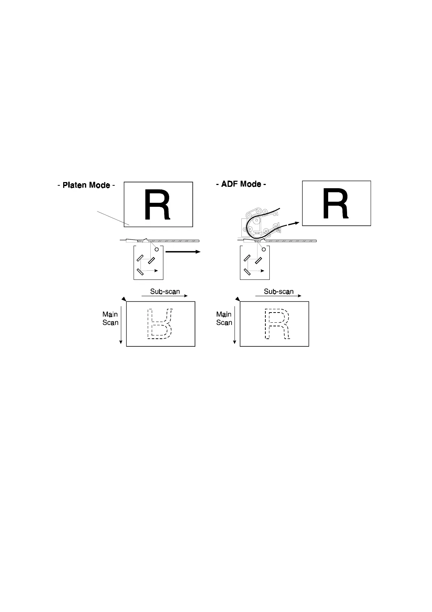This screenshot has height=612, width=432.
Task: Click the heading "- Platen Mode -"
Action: [x=86, y=185]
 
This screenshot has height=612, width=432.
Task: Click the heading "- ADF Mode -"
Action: [x=241, y=184]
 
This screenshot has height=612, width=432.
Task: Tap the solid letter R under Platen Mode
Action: [x=157, y=205]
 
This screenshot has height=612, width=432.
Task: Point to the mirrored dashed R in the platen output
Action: [x=159, y=324]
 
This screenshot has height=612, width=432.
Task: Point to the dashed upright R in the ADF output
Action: [x=277, y=324]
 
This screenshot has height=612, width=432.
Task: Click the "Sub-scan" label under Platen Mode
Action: [x=165, y=291]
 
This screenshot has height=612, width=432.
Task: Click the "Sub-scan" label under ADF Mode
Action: [x=278, y=291]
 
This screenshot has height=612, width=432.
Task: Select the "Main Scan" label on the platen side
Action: [x=110, y=318]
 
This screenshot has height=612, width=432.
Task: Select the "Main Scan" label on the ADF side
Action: [x=224, y=318]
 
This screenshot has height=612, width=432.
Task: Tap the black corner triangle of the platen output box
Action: [x=124, y=299]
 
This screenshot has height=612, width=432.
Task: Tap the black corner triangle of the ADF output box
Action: [x=237, y=299]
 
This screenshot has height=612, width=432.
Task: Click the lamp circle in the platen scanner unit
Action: [x=157, y=250]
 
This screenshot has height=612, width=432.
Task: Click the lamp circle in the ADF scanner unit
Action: [x=264, y=250]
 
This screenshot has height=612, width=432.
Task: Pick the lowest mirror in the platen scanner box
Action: [x=140, y=271]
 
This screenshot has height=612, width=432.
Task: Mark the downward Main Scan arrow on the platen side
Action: [x=121, y=325]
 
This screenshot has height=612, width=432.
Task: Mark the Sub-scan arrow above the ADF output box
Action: [x=278, y=296]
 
